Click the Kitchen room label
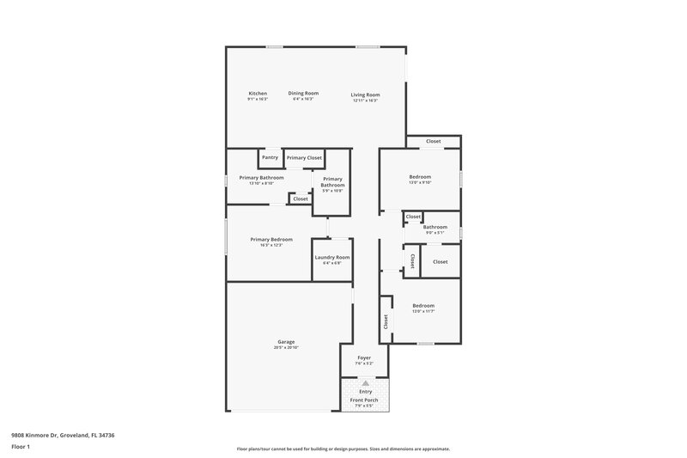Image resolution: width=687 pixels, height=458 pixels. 258,94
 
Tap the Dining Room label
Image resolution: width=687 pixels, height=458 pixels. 303,94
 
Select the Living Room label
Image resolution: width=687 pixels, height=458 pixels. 365,95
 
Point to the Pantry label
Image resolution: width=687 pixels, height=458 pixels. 270,158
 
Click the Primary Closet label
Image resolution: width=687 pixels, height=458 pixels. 304,158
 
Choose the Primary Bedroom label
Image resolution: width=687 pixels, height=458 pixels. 271,240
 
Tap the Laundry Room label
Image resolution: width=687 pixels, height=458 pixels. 331,258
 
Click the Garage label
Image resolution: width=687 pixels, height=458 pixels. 286,342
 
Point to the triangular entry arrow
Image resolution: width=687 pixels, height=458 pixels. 365,383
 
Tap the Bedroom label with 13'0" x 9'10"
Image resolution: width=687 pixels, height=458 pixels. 420,177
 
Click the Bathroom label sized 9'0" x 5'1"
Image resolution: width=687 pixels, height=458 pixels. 435,228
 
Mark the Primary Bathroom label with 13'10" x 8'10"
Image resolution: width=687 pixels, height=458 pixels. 260,178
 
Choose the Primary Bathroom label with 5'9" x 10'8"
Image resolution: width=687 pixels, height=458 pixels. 332,182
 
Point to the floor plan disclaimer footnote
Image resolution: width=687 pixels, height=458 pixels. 343,449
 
